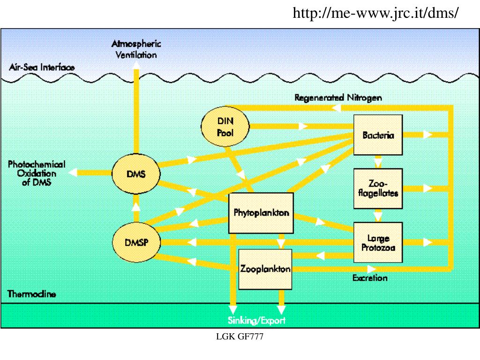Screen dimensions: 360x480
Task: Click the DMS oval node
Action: [136, 174]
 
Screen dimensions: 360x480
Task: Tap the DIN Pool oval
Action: [225, 127]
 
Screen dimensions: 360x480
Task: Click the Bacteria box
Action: [378, 135]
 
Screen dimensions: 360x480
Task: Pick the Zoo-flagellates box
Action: [378, 188]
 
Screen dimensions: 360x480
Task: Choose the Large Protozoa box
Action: [378, 243]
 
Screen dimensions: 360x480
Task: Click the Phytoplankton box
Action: [261, 213]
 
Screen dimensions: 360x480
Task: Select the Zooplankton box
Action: [265, 269]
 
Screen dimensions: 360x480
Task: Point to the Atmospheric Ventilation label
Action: [136, 49]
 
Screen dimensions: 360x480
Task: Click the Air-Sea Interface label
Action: [42, 67]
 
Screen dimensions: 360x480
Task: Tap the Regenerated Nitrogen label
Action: [338, 98]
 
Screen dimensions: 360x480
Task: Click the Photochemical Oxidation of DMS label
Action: [36, 173]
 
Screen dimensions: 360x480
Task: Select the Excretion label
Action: [370, 278]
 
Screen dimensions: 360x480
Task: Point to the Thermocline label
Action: [32, 295]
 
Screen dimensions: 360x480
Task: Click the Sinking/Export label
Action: [256, 321]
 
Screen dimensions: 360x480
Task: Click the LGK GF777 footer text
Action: [240, 336]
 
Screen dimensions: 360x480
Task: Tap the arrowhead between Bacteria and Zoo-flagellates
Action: [378, 162]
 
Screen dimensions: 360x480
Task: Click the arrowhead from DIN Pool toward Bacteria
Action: [303, 126]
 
